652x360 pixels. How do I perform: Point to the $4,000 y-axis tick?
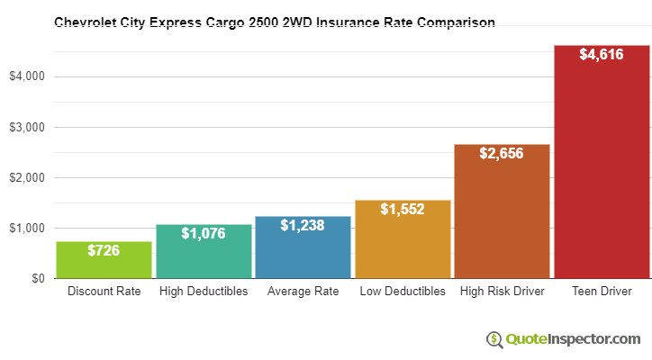pyautogui.click(x=27, y=76)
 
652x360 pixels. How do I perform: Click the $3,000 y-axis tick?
pyautogui.click(x=27, y=127)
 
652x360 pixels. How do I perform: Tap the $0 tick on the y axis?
pyautogui.click(x=38, y=278)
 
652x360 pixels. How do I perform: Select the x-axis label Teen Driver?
pyautogui.click(x=602, y=292)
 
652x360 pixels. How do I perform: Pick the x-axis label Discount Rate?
pyautogui.click(x=104, y=292)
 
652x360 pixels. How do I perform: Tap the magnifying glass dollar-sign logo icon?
pyautogui.click(x=494, y=339)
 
